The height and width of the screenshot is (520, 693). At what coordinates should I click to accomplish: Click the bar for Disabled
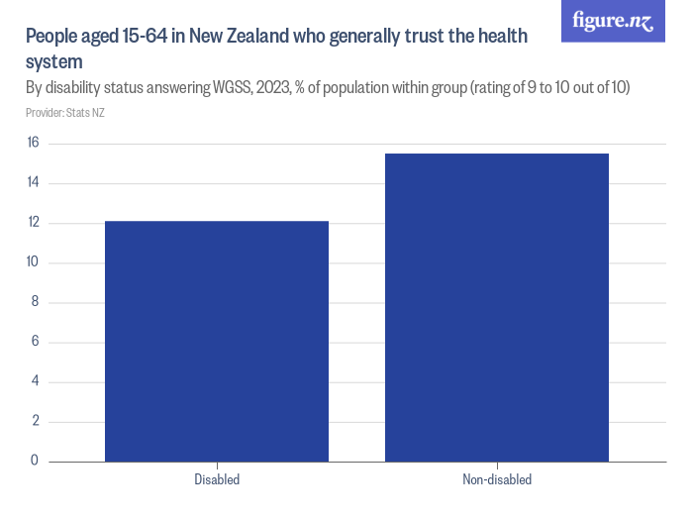tap(217, 341)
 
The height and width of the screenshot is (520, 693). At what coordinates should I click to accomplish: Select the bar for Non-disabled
tap(496, 307)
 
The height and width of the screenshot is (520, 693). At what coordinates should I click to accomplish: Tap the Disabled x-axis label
tap(217, 480)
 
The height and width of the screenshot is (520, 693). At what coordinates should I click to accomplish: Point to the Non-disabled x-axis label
tap(496, 480)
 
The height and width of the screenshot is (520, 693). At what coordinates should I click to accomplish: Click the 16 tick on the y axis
tap(33, 144)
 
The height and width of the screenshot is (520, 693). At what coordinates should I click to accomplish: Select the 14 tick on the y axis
tap(33, 183)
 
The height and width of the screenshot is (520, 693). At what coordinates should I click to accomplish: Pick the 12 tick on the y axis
tap(33, 223)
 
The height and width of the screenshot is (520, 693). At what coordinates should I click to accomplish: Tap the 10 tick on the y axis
tap(33, 262)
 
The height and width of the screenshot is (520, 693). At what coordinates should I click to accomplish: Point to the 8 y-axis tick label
tap(35, 302)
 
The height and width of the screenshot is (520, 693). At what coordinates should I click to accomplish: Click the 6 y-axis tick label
tap(35, 342)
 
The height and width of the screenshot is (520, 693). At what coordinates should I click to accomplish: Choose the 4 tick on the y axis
tap(35, 381)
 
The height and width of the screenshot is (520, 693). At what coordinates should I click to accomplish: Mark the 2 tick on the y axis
tap(35, 421)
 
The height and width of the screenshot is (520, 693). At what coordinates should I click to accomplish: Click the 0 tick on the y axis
tap(35, 461)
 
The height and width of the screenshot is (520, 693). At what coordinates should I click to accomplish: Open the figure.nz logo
tap(613, 21)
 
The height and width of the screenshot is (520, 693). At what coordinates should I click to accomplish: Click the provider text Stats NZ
tap(86, 113)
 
